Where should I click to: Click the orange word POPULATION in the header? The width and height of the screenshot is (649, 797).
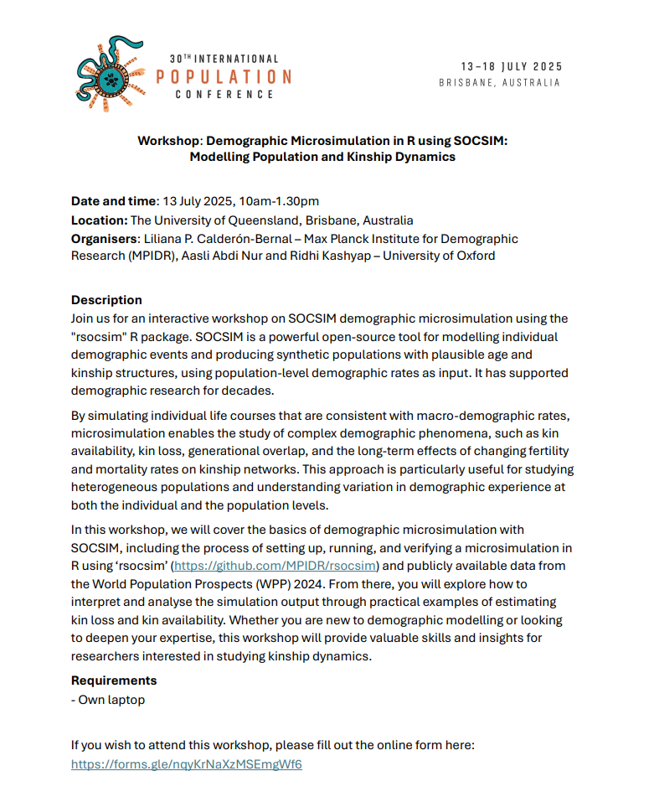pyautogui.click(x=224, y=76)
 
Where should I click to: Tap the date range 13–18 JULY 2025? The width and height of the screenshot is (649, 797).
pyautogui.click(x=511, y=66)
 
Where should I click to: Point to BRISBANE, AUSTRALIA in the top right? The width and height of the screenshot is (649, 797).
pyautogui.click(x=499, y=83)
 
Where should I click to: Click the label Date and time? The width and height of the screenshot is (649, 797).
pyautogui.click(x=113, y=201)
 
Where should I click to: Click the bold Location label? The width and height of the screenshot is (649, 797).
pyautogui.click(x=99, y=220)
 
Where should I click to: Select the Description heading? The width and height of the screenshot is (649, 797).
pyautogui.click(x=106, y=300)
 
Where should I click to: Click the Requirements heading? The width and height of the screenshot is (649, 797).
pyautogui.click(x=113, y=681)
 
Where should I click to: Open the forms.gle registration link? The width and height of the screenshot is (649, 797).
pyautogui.click(x=186, y=764)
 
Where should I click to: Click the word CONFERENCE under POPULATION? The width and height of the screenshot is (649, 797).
pyautogui.click(x=224, y=95)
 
